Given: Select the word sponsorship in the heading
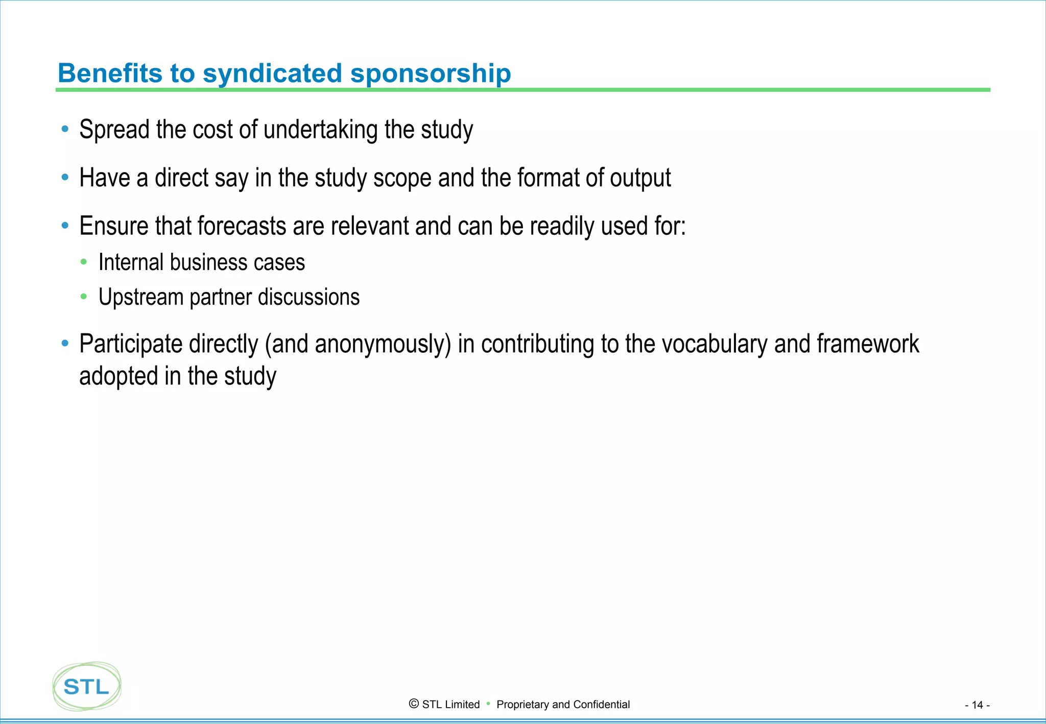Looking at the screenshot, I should point(430,74).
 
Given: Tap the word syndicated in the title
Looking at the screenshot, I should point(272,73).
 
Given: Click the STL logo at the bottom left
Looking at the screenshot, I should point(87,686).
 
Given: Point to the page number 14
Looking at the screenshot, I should point(977,705).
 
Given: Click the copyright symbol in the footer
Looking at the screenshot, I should point(414,704).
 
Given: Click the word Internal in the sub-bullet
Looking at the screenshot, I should point(131,262).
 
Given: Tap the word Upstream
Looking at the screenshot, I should point(140,298).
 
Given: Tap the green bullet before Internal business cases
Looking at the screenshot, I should point(84,262).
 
